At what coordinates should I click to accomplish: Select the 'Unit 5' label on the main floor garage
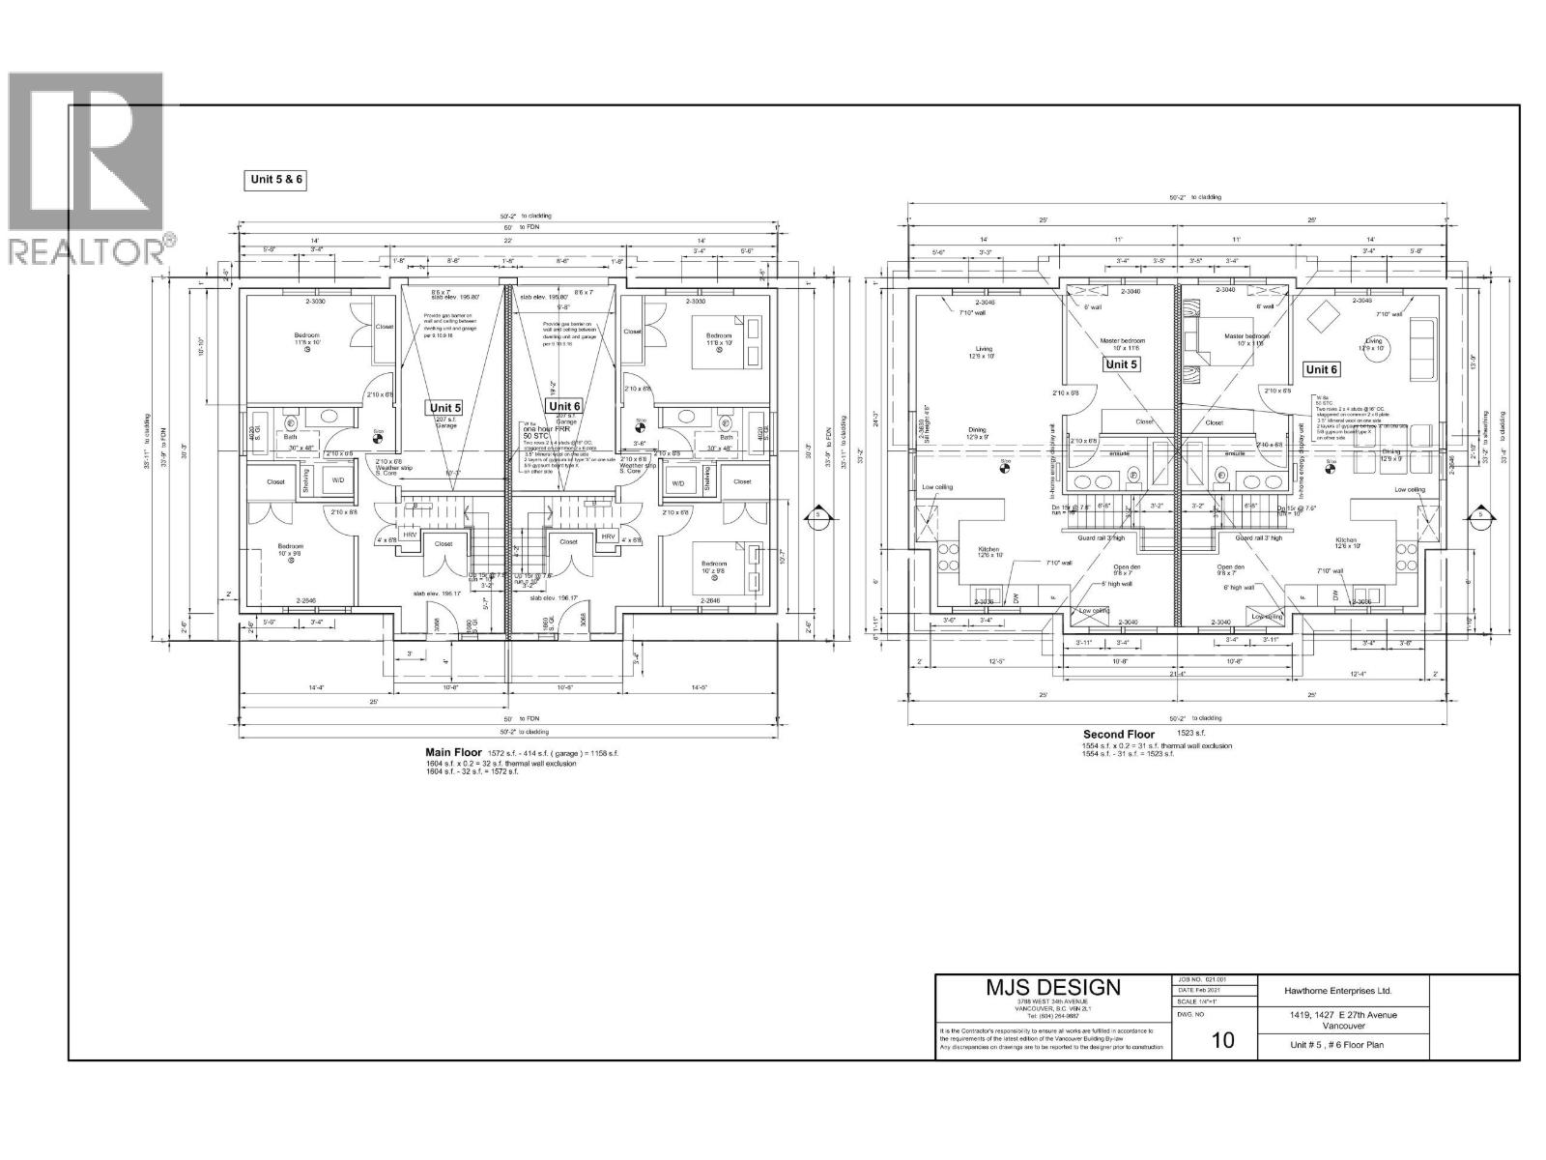445,408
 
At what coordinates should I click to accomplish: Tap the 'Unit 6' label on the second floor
1321,369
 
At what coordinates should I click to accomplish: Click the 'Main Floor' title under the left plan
454,751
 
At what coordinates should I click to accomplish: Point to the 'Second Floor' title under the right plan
1118,734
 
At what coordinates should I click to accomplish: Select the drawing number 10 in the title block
1222,1040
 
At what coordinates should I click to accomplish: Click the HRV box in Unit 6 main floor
609,536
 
